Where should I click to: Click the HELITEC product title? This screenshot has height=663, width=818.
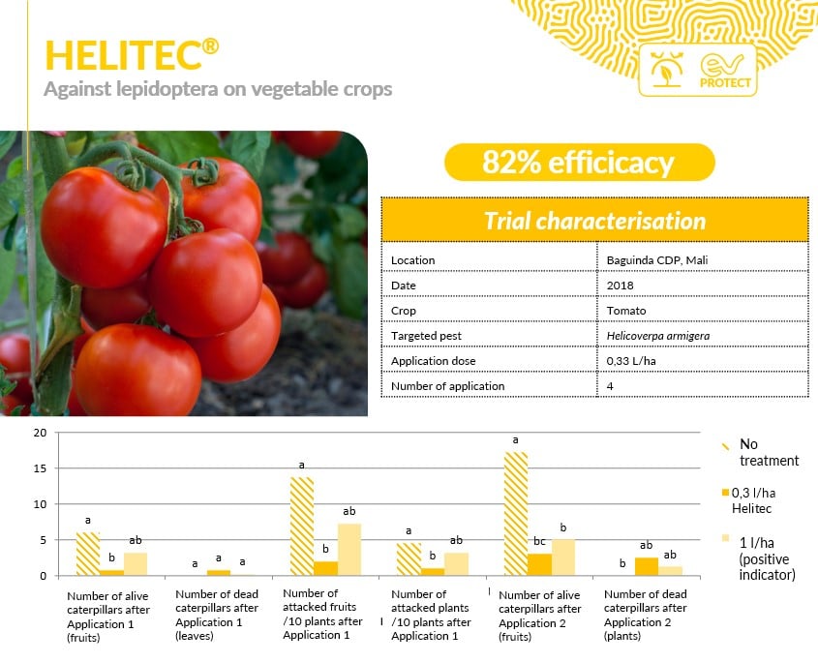pyautogui.click(x=132, y=55)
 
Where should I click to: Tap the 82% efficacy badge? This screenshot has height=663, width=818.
pyautogui.click(x=579, y=163)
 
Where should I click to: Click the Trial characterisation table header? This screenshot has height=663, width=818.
pyautogui.click(x=594, y=221)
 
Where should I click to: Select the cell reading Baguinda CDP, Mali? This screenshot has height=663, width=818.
pyautogui.click(x=656, y=260)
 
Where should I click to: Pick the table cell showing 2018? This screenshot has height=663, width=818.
pyautogui.click(x=620, y=286)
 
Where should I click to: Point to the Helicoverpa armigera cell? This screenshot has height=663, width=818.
pyautogui.click(x=658, y=336)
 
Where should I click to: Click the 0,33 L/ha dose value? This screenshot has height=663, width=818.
pyautogui.click(x=631, y=361)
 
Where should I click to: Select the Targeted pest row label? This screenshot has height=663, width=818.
pyautogui.click(x=426, y=336)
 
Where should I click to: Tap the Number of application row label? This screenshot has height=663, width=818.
pyautogui.click(x=447, y=386)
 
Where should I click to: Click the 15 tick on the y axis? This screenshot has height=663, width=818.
pyautogui.click(x=40, y=468)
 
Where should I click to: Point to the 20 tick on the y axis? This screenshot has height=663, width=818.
pyautogui.click(x=40, y=433)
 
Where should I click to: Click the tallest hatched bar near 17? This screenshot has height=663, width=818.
pyautogui.click(x=516, y=514)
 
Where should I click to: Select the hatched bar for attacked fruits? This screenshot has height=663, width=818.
pyautogui.click(x=302, y=527)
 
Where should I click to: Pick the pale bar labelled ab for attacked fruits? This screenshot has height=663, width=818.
pyautogui.click(x=349, y=550)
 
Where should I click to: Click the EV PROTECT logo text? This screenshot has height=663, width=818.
pyautogui.click(x=725, y=83)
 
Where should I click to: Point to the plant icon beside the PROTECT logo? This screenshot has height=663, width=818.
pyautogui.click(x=666, y=70)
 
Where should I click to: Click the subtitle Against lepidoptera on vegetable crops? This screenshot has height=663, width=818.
pyautogui.click(x=218, y=89)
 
